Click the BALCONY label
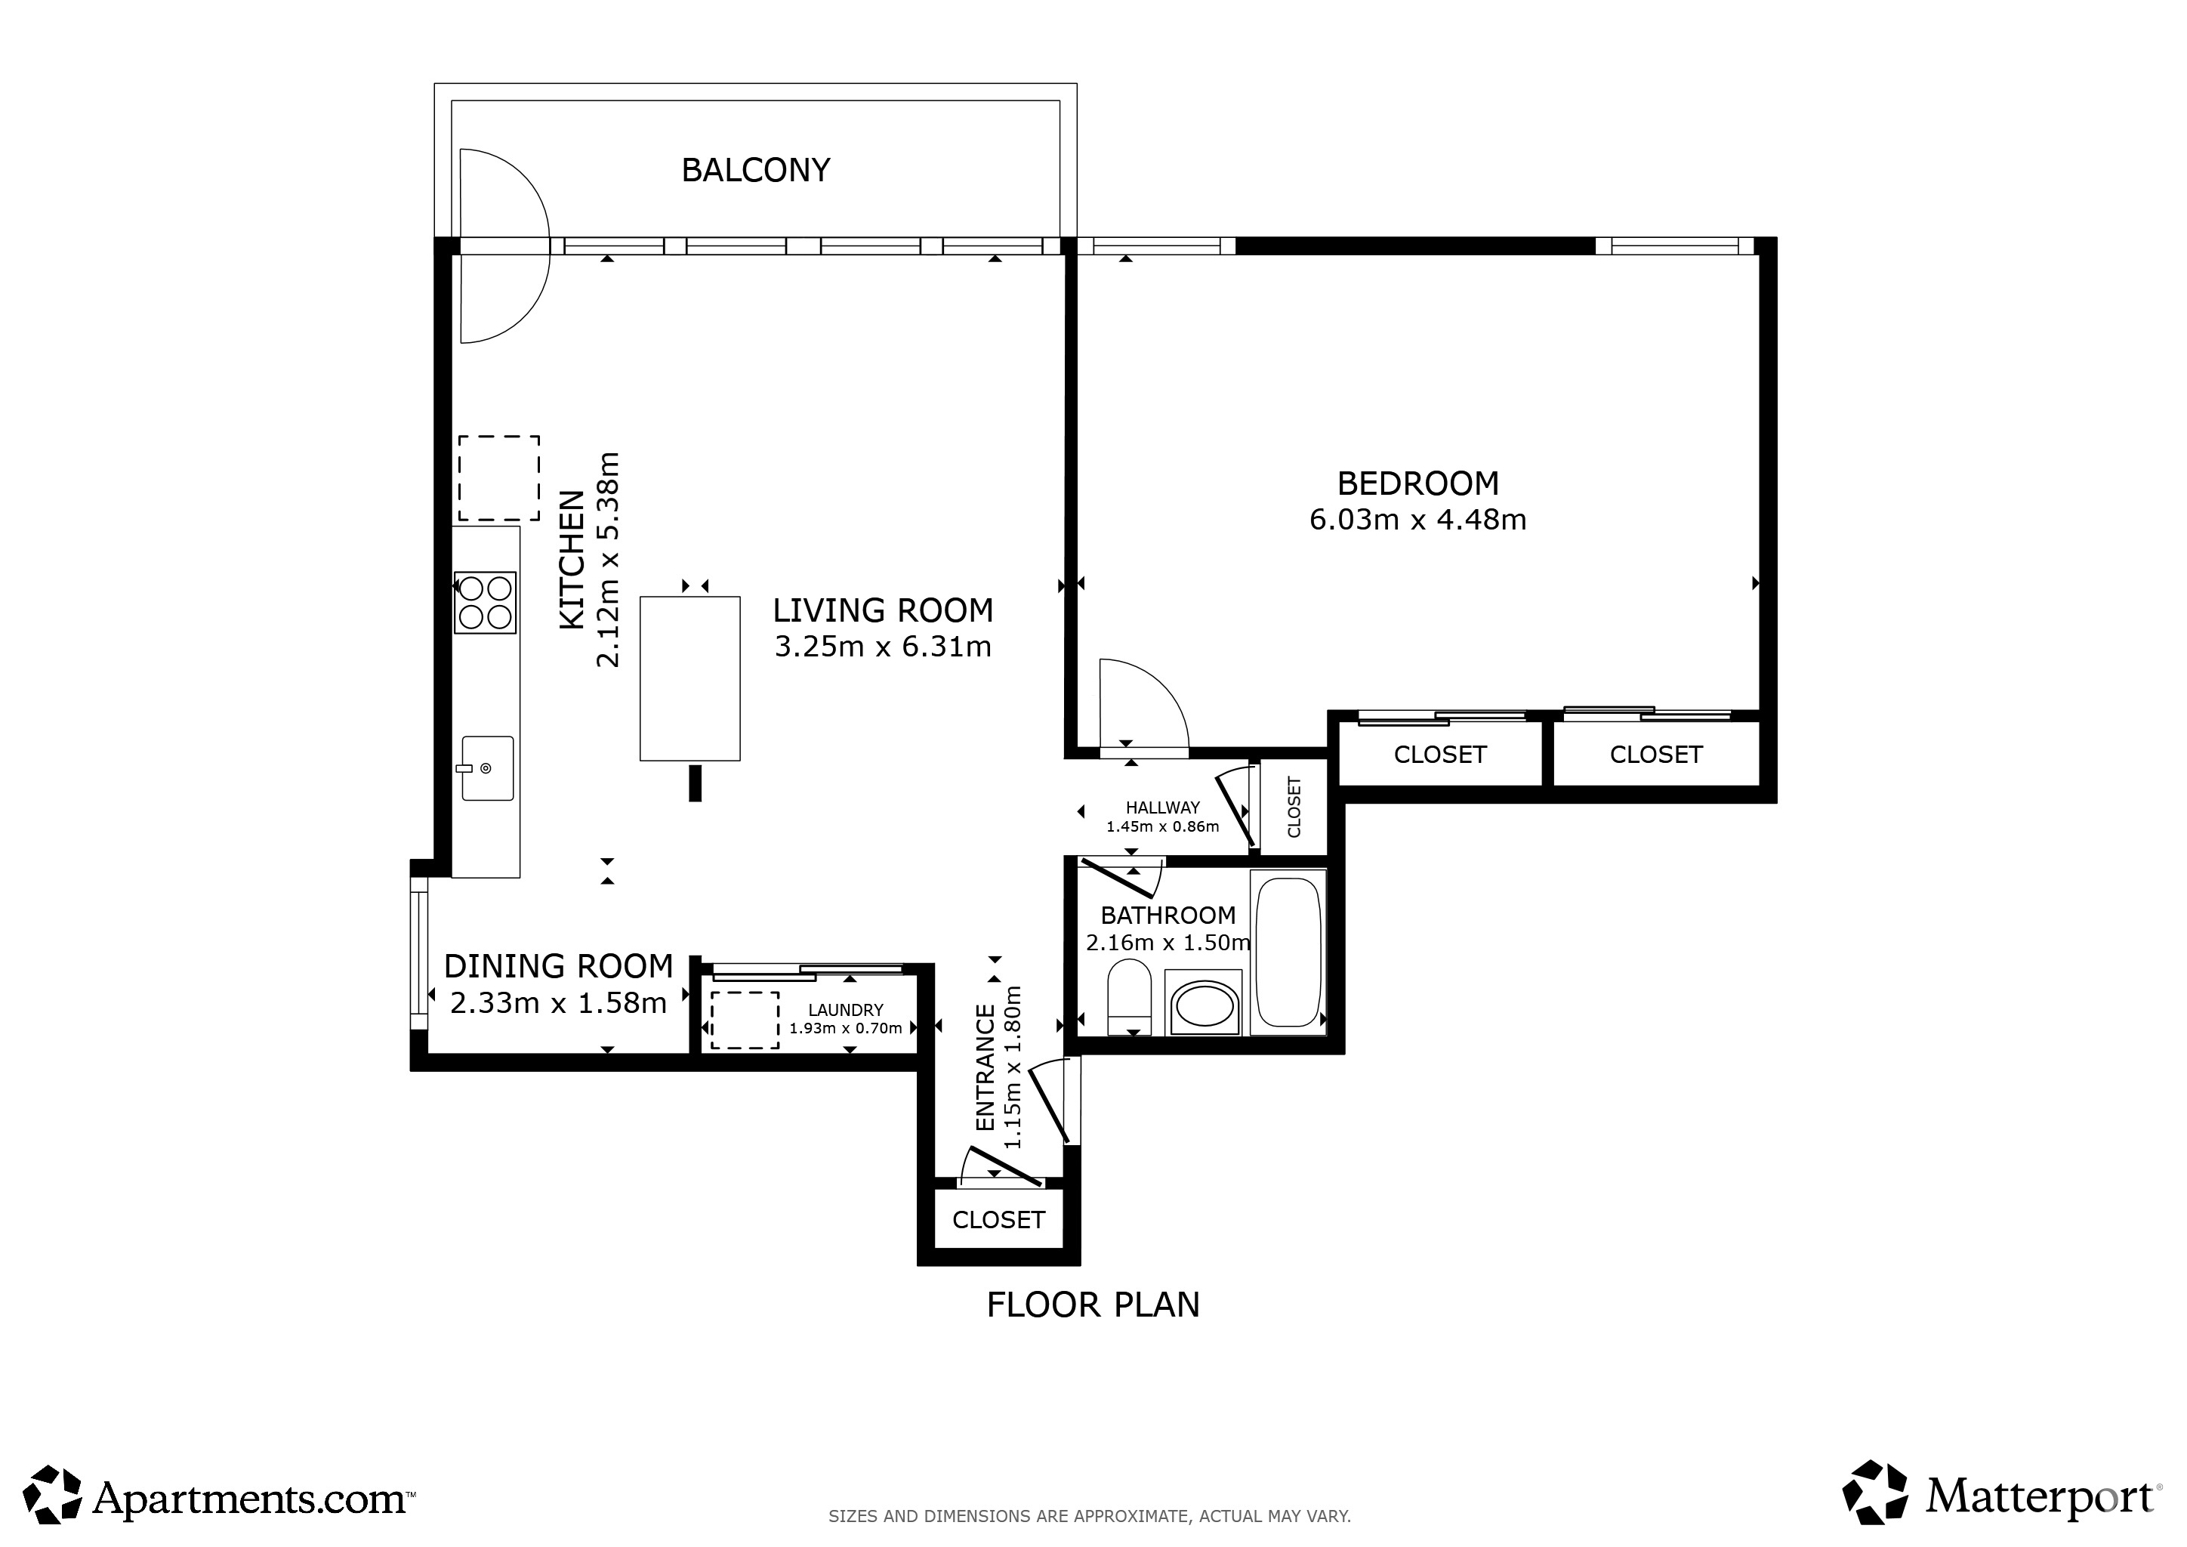755,171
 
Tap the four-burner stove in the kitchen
486,602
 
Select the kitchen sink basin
488,767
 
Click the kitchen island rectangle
689,678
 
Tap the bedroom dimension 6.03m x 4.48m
1417,520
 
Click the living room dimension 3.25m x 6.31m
883,647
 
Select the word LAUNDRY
846,1010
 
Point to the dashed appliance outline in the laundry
745,1021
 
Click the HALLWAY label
1162,807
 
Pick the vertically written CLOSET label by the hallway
1294,807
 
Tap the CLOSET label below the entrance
998,1220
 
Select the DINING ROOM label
558,967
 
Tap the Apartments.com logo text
252,1500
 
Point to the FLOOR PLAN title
1093,1305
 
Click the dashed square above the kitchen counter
499,478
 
